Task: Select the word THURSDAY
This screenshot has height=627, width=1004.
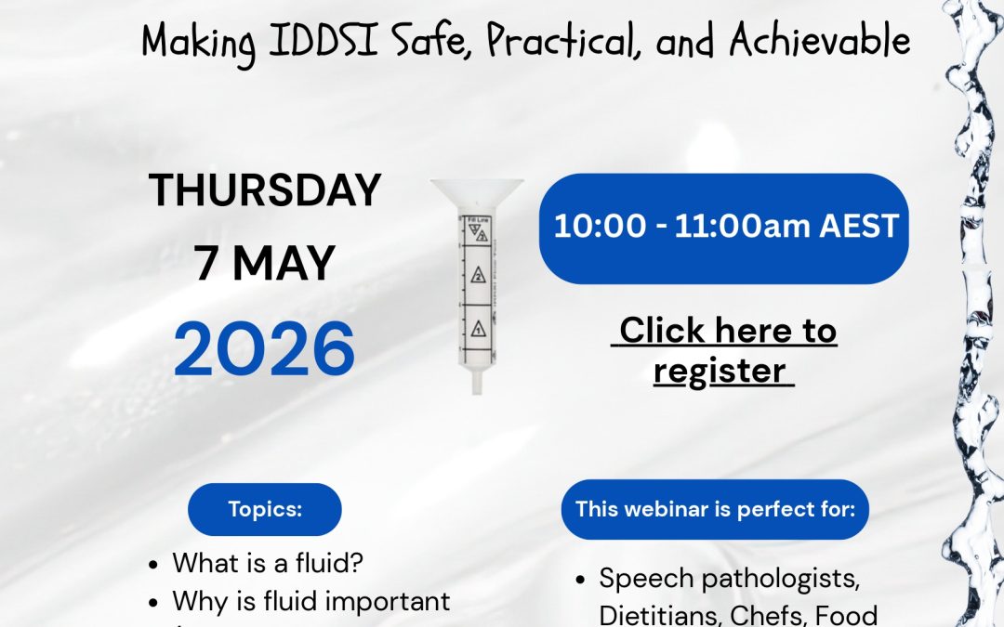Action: pyautogui.click(x=265, y=190)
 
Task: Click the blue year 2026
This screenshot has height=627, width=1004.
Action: pyautogui.click(x=265, y=349)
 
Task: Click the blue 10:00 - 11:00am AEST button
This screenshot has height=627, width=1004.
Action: pyautogui.click(x=724, y=228)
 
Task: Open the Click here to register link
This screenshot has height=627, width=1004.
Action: pyautogui.click(x=724, y=350)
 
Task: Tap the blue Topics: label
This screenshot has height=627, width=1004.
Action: pyautogui.click(x=265, y=509)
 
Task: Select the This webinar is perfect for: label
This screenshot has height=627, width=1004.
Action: pyautogui.click(x=715, y=508)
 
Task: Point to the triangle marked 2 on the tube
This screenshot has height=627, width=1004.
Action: pyautogui.click(x=477, y=276)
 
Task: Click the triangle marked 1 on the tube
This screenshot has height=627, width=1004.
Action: pyautogui.click(x=477, y=329)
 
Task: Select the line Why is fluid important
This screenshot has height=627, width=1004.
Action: pyautogui.click(x=310, y=601)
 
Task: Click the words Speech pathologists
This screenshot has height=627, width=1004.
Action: pyautogui.click(x=729, y=578)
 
